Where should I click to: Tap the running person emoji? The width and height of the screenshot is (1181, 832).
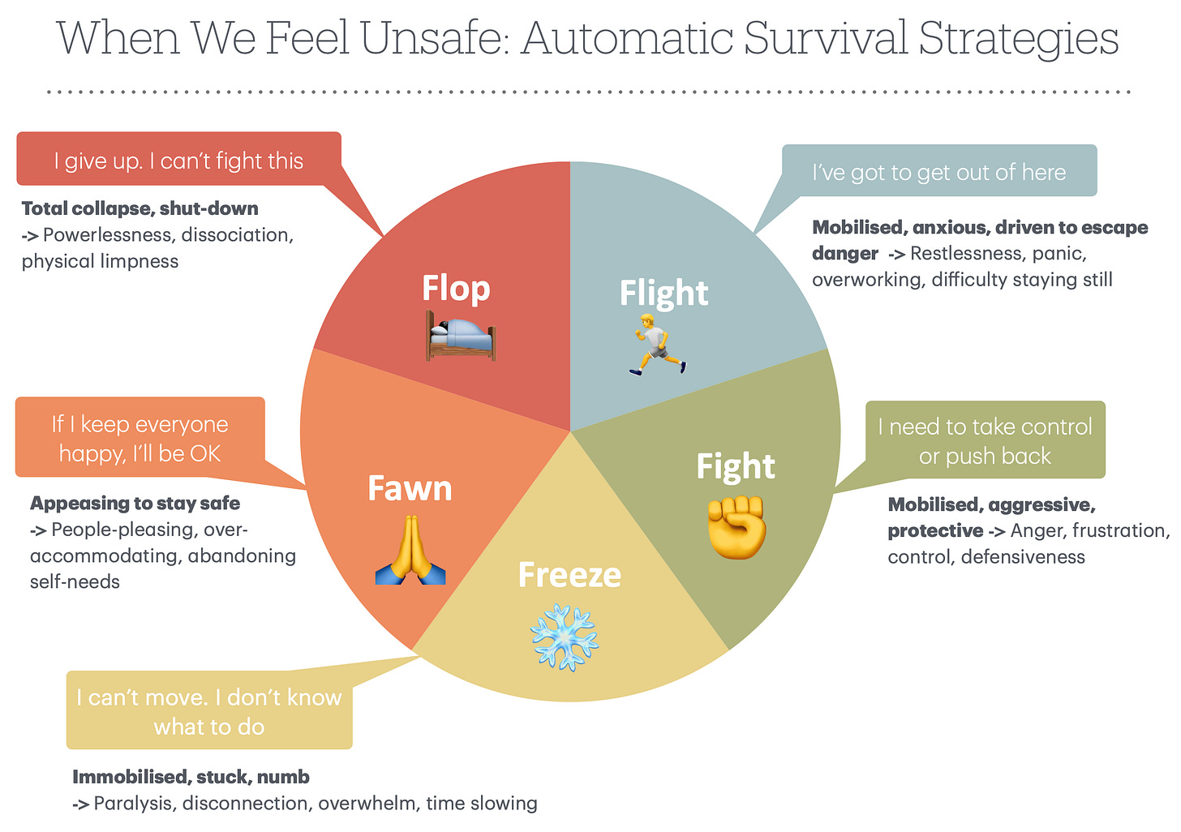[658, 344]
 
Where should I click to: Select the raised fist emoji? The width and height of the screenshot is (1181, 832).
[737, 527]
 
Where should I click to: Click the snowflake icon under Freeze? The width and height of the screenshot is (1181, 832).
[564, 637]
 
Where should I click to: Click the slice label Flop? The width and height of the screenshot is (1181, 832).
[456, 289]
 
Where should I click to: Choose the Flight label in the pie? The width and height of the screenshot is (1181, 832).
[664, 293]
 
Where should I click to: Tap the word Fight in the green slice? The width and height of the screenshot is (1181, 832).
[736, 466]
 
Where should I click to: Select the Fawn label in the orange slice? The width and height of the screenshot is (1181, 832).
[410, 488]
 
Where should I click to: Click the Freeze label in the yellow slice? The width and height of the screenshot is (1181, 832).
[569, 575]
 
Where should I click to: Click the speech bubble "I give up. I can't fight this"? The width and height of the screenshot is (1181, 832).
[178, 161]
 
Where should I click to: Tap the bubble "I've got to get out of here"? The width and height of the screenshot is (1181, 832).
[939, 172]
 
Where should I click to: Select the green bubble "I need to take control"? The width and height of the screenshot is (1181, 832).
[985, 440]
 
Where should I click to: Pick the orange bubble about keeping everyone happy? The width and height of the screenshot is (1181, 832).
[140, 438]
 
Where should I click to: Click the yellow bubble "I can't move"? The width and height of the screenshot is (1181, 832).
[209, 711]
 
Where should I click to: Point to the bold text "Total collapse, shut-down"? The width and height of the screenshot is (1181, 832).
[140, 208]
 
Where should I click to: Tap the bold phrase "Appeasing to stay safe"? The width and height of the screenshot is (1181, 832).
[135, 503]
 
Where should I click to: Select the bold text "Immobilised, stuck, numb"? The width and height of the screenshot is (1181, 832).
[191, 777]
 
